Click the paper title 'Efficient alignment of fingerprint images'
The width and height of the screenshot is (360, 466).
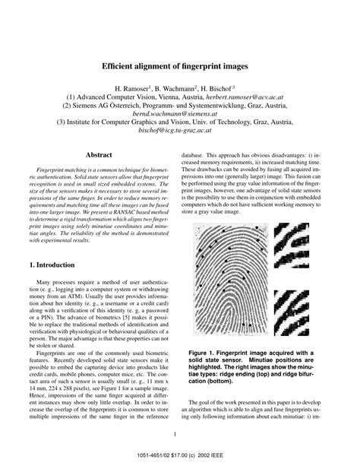(x=180, y=66)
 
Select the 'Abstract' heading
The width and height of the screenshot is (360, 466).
(x=99, y=155)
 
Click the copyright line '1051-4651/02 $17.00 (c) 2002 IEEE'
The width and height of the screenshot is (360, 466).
(x=180, y=456)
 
